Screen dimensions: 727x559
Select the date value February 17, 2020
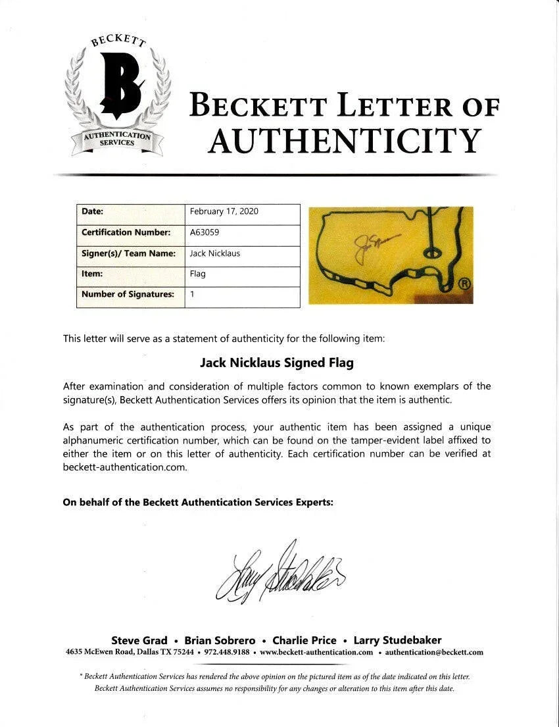coord(224,211)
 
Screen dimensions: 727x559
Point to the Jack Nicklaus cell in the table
coord(215,253)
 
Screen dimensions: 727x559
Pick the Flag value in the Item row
coord(198,274)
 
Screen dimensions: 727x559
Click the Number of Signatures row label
coord(128,294)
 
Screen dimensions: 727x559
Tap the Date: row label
coord(93,211)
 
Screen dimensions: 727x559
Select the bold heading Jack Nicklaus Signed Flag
coord(277,362)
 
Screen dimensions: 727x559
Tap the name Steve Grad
coord(139,640)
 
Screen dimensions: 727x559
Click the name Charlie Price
coord(304,640)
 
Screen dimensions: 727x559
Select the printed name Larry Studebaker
coord(397,640)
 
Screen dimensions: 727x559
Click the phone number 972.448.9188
coord(226,653)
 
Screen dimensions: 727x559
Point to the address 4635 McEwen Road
coord(112,653)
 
